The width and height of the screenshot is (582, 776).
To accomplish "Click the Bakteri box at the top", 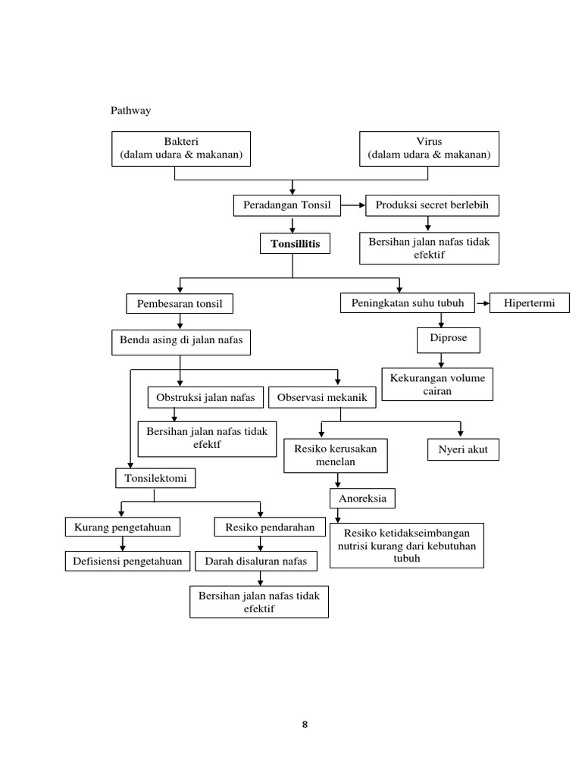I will pos(181,149).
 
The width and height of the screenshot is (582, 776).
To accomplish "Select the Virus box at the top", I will pos(429,149).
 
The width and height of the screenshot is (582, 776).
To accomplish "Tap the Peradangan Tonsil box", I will pos(287,205).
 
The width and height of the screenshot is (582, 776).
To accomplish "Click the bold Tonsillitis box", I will pos(290,244).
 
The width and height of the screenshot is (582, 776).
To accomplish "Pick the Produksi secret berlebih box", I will pos(429,205).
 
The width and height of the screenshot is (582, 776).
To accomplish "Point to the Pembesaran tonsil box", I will pos(179,304).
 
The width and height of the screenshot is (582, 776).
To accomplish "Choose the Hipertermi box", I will pos(530,303).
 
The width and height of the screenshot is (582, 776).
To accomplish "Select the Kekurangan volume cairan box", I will pos(438,384).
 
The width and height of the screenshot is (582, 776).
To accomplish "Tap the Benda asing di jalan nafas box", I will pos(181,341).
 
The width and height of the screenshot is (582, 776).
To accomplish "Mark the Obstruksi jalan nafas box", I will pos(205,397).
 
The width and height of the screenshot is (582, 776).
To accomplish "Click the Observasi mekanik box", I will pos(322,397).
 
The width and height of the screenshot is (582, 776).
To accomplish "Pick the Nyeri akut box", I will pos(463,449).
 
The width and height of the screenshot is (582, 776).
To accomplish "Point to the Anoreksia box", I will pos(363,499).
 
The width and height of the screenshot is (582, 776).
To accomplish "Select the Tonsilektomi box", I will pos(155,478).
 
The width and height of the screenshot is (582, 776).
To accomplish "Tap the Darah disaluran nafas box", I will pos(256,562).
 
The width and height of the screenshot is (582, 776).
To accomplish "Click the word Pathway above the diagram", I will pos(130,111).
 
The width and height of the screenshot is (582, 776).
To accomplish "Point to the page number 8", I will pos(305,724).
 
